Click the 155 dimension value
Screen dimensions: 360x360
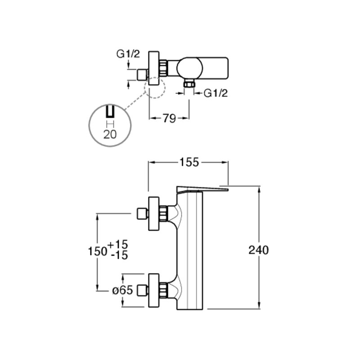(x=189, y=162)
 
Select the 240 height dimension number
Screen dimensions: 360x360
(x=258, y=250)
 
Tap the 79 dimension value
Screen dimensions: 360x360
(x=169, y=118)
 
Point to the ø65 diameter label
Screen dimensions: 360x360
(x=122, y=290)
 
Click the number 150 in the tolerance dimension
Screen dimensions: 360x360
(x=98, y=252)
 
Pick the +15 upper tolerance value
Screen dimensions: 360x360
(x=117, y=244)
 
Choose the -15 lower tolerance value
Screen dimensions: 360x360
(x=119, y=255)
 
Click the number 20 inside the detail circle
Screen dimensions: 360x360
(x=110, y=134)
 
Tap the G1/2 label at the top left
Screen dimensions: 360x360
(x=128, y=54)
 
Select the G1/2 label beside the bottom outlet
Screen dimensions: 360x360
(x=216, y=93)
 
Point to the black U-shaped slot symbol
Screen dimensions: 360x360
(x=110, y=112)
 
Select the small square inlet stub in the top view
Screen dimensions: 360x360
(x=142, y=75)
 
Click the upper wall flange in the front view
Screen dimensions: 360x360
(x=154, y=213)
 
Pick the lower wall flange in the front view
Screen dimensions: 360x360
(x=154, y=290)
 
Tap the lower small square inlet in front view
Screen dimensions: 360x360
(x=142, y=290)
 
